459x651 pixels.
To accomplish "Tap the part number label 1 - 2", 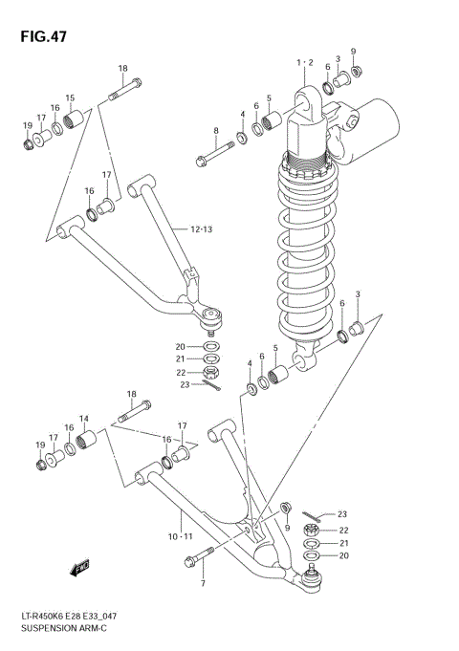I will [x=305, y=62].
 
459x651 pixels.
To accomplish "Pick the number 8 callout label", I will [x=215, y=131].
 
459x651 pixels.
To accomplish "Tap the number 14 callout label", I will [x=84, y=419].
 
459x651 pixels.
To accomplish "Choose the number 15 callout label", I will [x=70, y=98].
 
